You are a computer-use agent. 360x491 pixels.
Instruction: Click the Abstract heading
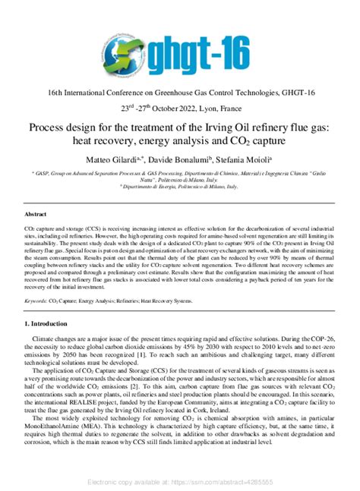[x=36, y=215]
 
